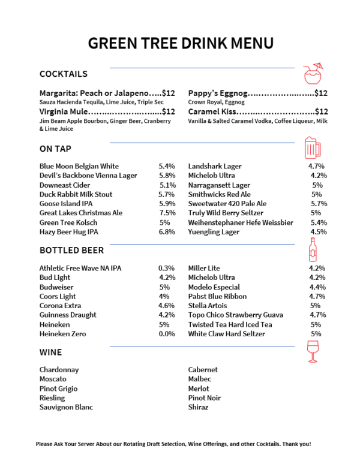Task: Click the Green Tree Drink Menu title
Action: coord(181,43)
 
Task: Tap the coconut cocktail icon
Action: coord(312,74)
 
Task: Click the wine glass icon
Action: coord(312,351)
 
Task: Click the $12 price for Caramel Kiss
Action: coord(321,112)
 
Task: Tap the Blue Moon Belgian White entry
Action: coord(79,166)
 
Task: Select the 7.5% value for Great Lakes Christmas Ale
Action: coord(167,213)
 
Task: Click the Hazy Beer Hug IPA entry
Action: coord(69,231)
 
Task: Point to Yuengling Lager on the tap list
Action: coord(214,231)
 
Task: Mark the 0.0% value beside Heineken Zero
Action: coord(167,334)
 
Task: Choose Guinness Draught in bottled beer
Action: coord(68,315)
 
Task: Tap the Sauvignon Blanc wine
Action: coord(66,407)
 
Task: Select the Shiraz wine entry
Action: coord(198,407)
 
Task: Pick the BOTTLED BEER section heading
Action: coord(71,250)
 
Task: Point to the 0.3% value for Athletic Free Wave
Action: coord(167,268)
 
